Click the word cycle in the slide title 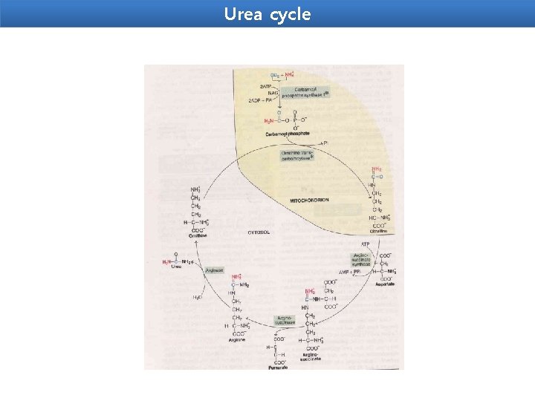291,14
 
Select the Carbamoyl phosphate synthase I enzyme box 305,92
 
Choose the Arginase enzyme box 214,270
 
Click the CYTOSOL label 260,232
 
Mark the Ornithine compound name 198,235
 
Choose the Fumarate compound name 279,368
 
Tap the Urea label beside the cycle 175,267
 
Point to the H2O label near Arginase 198,298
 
